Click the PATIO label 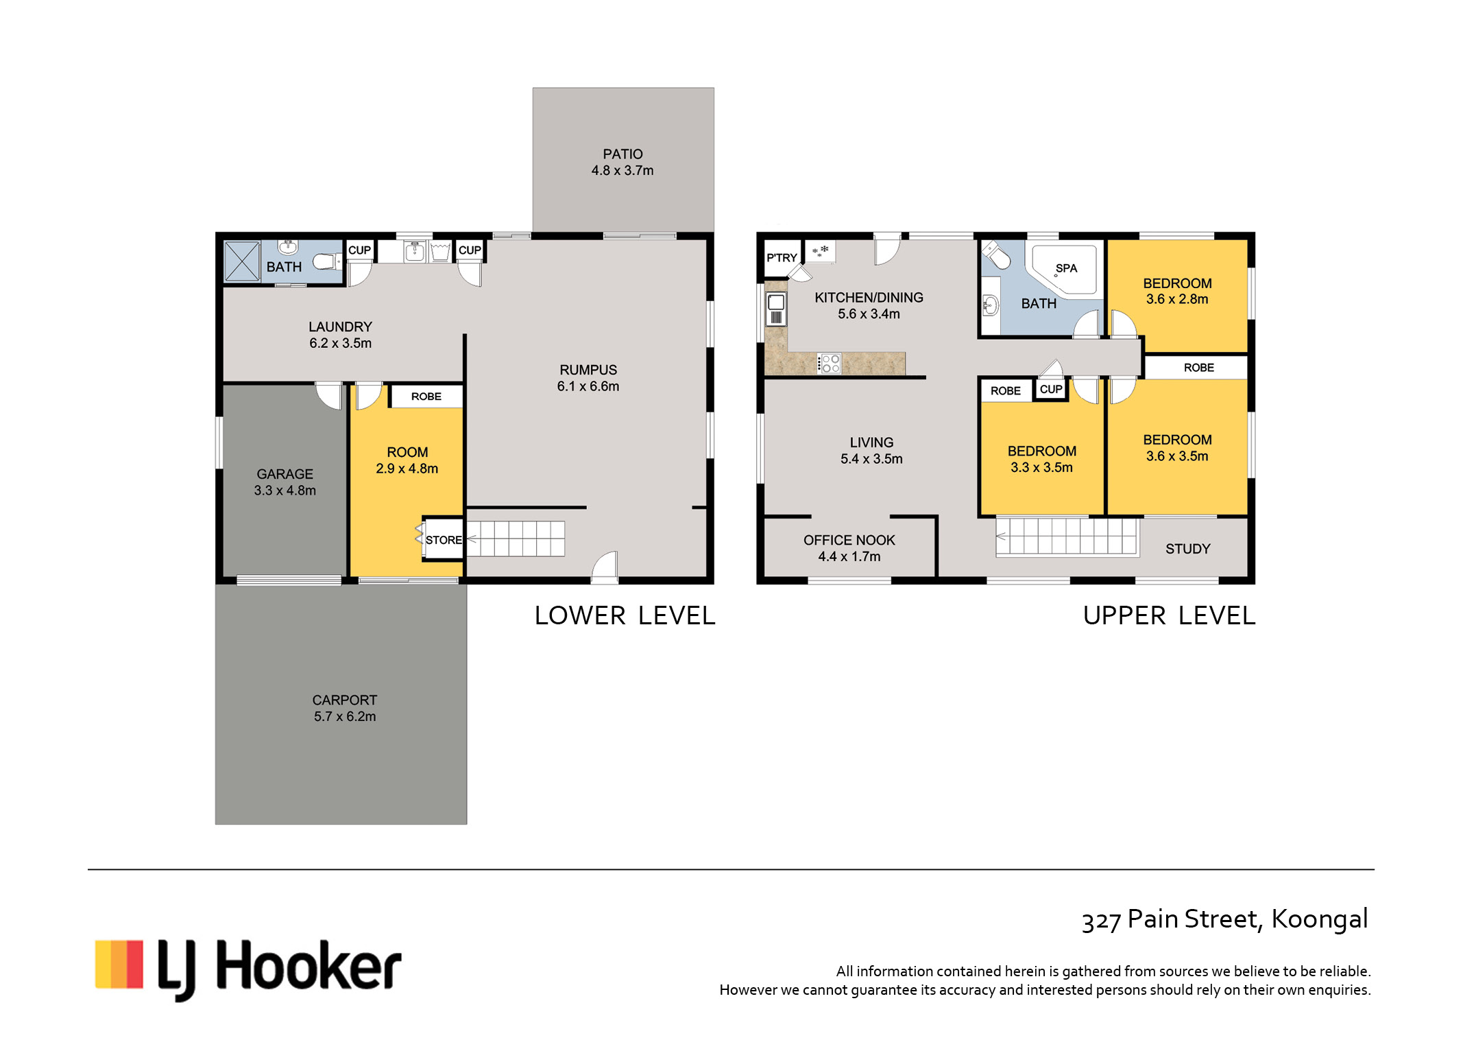pyautogui.click(x=622, y=154)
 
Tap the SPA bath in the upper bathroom pyautogui.click(x=1065, y=270)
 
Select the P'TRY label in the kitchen pyautogui.click(x=782, y=258)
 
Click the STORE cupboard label pyautogui.click(x=444, y=540)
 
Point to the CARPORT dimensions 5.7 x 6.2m pyautogui.click(x=345, y=716)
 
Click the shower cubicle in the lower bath pyautogui.click(x=242, y=261)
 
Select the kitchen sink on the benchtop pyautogui.click(x=776, y=308)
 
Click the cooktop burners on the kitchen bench pyautogui.click(x=830, y=364)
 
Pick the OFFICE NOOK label pyautogui.click(x=849, y=541)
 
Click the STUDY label pyautogui.click(x=1188, y=549)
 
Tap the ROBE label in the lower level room pyautogui.click(x=426, y=397)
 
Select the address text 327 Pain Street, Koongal pyautogui.click(x=1224, y=919)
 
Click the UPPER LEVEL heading pyautogui.click(x=1169, y=615)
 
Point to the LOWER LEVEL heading pyautogui.click(x=625, y=615)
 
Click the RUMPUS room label pyautogui.click(x=588, y=370)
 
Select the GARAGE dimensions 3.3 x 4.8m pyautogui.click(x=285, y=491)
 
